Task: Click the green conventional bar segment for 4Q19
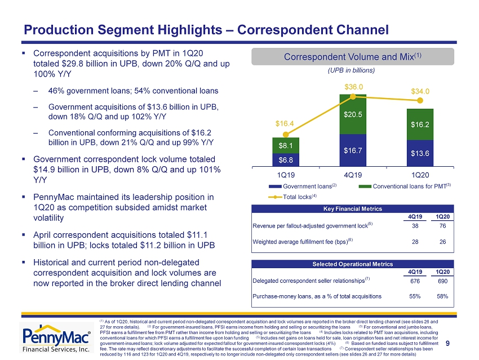click(353, 114)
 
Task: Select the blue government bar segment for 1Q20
click(420, 153)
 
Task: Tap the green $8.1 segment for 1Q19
click(286, 145)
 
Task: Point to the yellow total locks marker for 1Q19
click(286, 134)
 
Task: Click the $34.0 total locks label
click(420, 91)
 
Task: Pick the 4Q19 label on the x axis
click(353, 175)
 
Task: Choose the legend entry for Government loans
click(303, 186)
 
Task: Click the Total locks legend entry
click(292, 197)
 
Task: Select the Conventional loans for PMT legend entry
click(405, 186)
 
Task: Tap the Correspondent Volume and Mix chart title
click(353, 57)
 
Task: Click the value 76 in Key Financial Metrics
click(442, 226)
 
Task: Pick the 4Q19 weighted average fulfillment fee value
click(415, 242)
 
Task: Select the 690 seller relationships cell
click(442, 281)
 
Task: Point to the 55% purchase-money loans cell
click(415, 296)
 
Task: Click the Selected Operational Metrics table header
click(353, 264)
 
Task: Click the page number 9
click(447, 344)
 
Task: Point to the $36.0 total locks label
click(354, 87)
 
